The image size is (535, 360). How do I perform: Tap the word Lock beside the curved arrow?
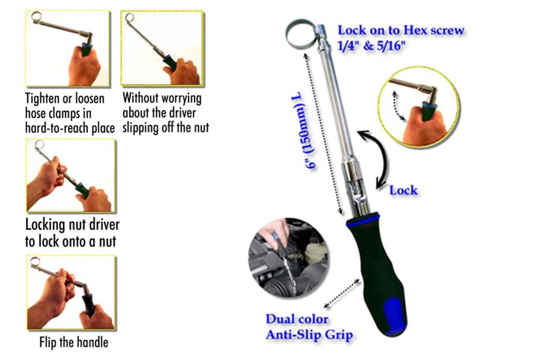[403, 190]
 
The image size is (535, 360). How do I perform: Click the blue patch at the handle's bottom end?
[395, 316]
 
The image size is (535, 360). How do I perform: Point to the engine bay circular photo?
[289, 258]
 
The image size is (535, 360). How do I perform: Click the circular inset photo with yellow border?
[419, 107]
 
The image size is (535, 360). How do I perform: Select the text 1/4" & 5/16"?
[371, 46]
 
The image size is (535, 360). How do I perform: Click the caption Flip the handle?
[74, 342]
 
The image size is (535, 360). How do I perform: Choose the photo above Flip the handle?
[71, 292]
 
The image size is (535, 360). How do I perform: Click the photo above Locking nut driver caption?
[71, 175]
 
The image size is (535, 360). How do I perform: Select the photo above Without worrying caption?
[162, 48]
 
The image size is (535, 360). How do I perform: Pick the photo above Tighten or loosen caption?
[67, 48]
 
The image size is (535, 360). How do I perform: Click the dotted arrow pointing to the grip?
[342, 294]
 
